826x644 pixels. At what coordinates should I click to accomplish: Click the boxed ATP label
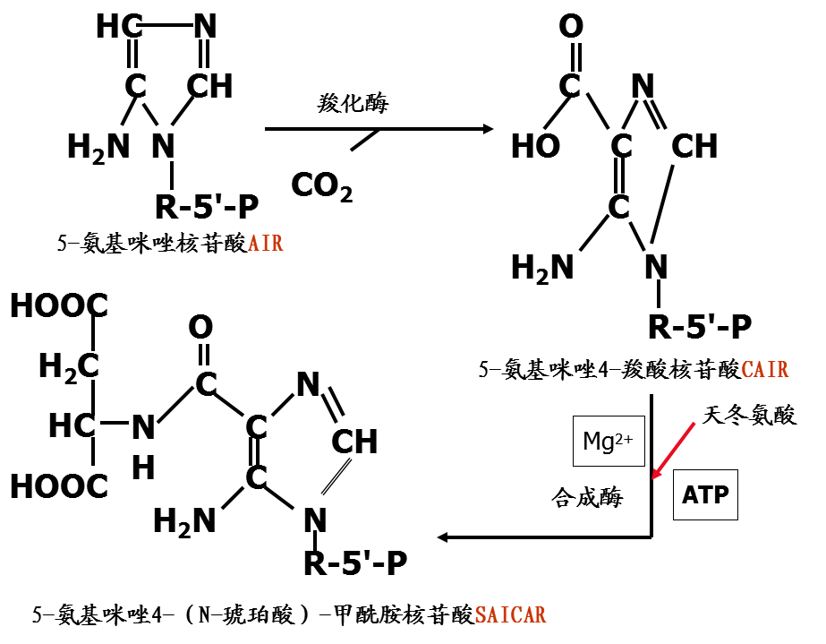705,494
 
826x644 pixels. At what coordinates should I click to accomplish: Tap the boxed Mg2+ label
608,442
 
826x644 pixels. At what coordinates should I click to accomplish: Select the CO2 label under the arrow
321,185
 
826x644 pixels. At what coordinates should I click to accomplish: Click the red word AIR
266,243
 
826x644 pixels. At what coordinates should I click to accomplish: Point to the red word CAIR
766,369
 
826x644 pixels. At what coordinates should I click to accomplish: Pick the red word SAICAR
510,615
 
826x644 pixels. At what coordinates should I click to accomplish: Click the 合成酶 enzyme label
586,498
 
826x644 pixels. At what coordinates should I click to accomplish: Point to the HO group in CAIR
535,146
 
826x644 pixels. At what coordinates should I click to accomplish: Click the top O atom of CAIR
570,27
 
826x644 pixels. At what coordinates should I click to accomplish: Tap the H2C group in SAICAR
68,366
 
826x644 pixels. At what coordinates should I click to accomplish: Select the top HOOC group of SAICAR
59,306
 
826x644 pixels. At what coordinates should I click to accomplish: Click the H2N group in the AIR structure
98,147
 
